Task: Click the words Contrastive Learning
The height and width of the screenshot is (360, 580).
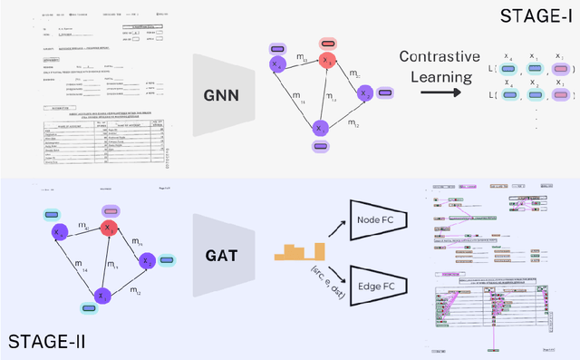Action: (440, 67)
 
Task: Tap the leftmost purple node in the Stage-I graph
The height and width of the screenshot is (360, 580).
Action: (276, 65)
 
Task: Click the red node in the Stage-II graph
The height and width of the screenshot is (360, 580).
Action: (110, 229)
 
